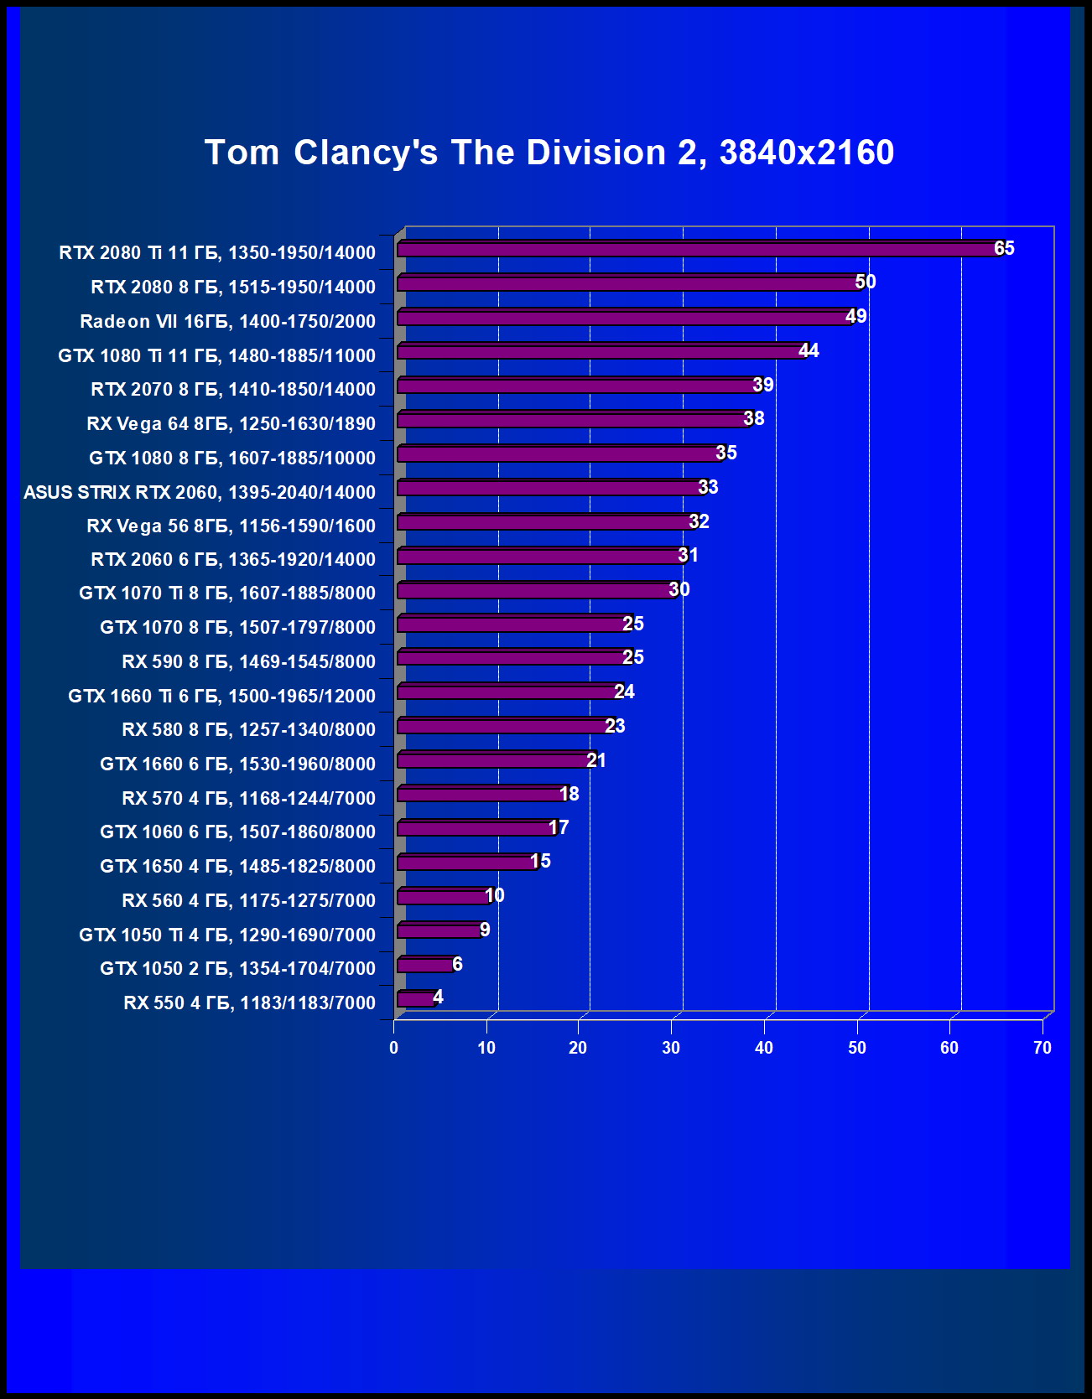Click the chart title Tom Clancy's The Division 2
tap(549, 153)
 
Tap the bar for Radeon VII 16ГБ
tap(625, 318)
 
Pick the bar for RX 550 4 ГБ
tap(416, 999)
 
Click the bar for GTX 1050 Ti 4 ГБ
tap(439, 931)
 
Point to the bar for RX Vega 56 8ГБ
tap(546, 522)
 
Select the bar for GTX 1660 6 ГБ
tap(495, 760)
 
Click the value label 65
tap(1004, 248)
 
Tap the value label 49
tap(855, 316)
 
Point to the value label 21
tap(595, 760)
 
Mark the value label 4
tap(438, 997)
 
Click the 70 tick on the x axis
tap(1042, 1048)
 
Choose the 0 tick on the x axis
tap(393, 1048)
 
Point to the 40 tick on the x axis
tap(763, 1048)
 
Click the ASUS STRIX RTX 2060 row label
tap(200, 492)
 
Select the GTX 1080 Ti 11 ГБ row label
tap(216, 355)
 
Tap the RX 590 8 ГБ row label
tap(248, 661)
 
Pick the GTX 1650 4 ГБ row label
tap(237, 866)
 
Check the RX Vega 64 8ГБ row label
tap(231, 423)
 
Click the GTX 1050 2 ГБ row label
tap(237, 968)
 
